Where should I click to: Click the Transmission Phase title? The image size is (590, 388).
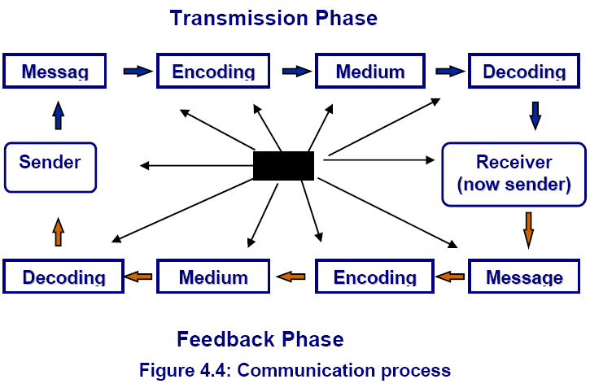[x=273, y=18]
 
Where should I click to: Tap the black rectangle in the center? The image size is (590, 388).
[x=283, y=166]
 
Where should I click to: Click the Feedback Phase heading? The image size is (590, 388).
[x=260, y=339]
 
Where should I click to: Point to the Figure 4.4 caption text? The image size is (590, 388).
[x=295, y=370]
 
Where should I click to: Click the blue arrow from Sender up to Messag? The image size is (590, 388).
[x=59, y=116]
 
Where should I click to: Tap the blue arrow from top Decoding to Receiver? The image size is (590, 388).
[x=535, y=116]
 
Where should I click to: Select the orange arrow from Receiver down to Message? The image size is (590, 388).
[x=528, y=230]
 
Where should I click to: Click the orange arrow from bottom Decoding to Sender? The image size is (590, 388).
[x=59, y=232]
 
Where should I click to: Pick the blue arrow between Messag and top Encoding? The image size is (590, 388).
[x=138, y=71]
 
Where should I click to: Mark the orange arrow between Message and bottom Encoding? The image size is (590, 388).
[x=450, y=277]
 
